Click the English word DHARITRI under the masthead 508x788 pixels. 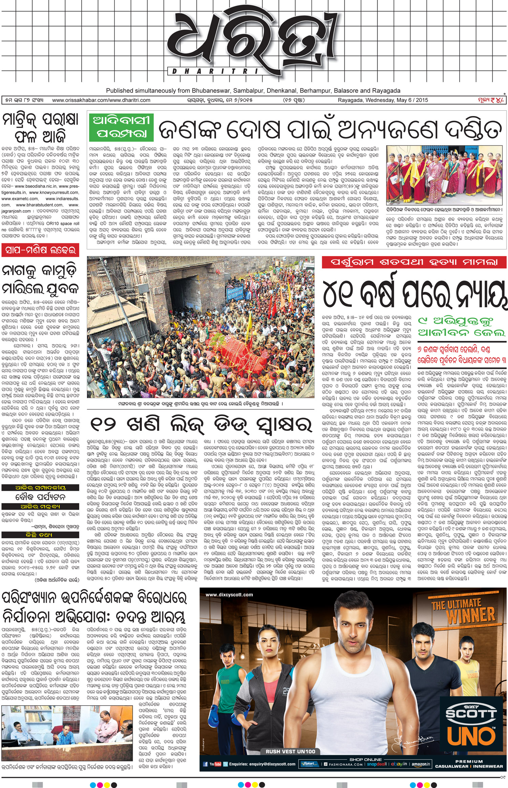pyautogui.click(x=215, y=71)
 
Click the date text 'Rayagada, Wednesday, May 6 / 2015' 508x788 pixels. pyautogui.click(x=383, y=100)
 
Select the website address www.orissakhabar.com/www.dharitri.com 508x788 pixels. pyautogui.click(x=101, y=100)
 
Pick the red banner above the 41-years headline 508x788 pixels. pyautogui.click(x=414, y=262)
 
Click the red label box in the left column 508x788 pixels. pyautogui.click(x=40, y=250)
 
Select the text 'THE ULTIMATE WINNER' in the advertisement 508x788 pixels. pyautogui.click(x=463, y=610)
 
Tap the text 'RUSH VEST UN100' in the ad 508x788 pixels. pyautogui.click(x=290, y=751)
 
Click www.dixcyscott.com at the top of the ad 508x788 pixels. pyautogui.click(x=229, y=594)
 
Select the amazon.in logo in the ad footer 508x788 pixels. pyautogui.click(x=421, y=764)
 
